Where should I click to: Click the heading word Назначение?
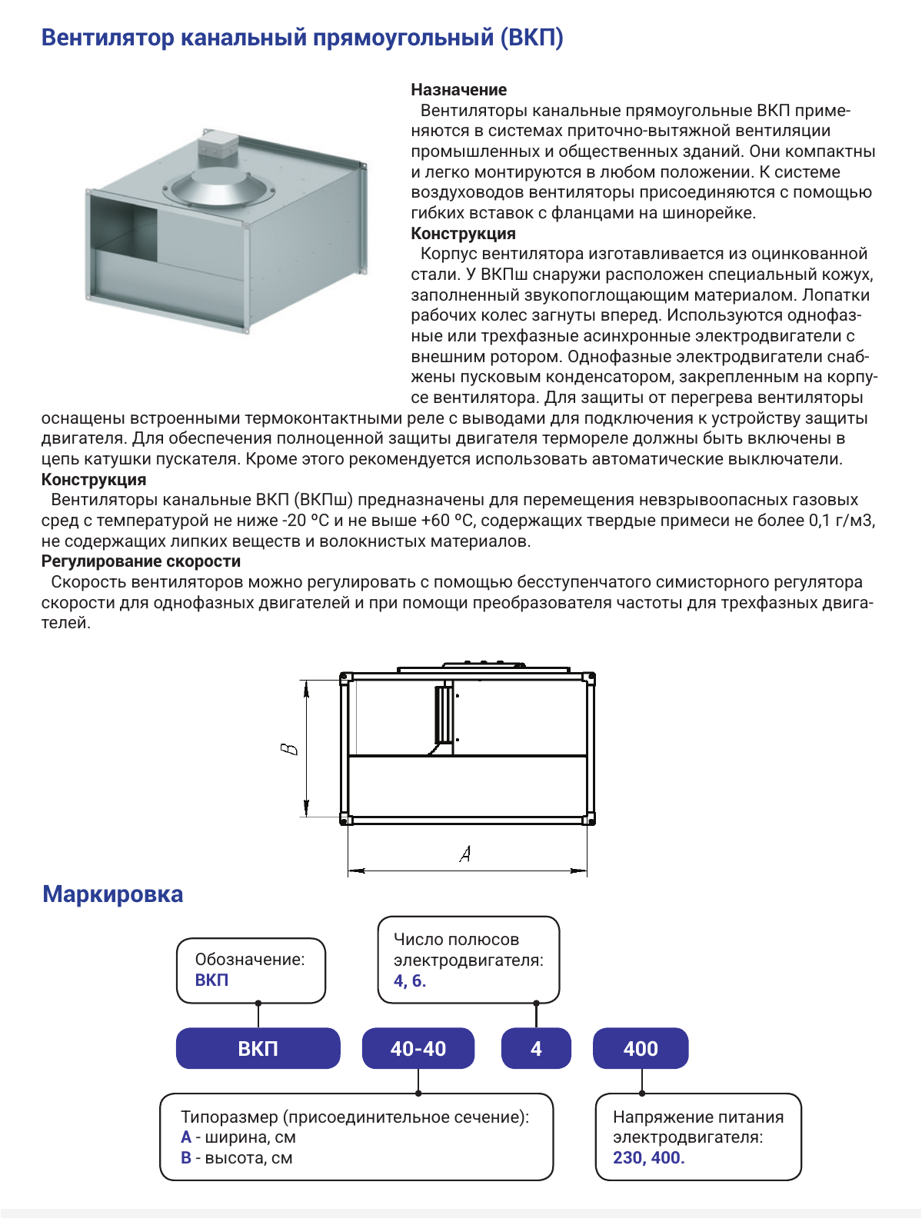(x=459, y=90)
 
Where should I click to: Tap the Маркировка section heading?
(x=113, y=894)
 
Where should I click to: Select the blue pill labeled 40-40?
(x=418, y=1048)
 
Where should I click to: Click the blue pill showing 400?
(x=641, y=1048)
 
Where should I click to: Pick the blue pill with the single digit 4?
(x=536, y=1048)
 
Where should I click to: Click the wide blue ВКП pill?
(x=258, y=1048)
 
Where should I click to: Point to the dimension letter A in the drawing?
(x=465, y=854)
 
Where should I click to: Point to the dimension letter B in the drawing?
(x=289, y=749)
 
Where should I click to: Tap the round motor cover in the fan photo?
(x=219, y=187)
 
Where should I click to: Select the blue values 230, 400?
(x=648, y=1157)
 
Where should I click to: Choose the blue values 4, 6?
(x=410, y=980)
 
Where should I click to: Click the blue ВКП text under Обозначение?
(x=211, y=980)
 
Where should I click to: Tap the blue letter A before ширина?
(x=186, y=1137)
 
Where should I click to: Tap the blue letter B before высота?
(x=186, y=1157)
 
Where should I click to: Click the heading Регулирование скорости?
(x=141, y=561)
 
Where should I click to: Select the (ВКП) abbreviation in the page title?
(x=532, y=38)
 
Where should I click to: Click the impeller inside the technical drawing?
(x=444, y=714)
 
